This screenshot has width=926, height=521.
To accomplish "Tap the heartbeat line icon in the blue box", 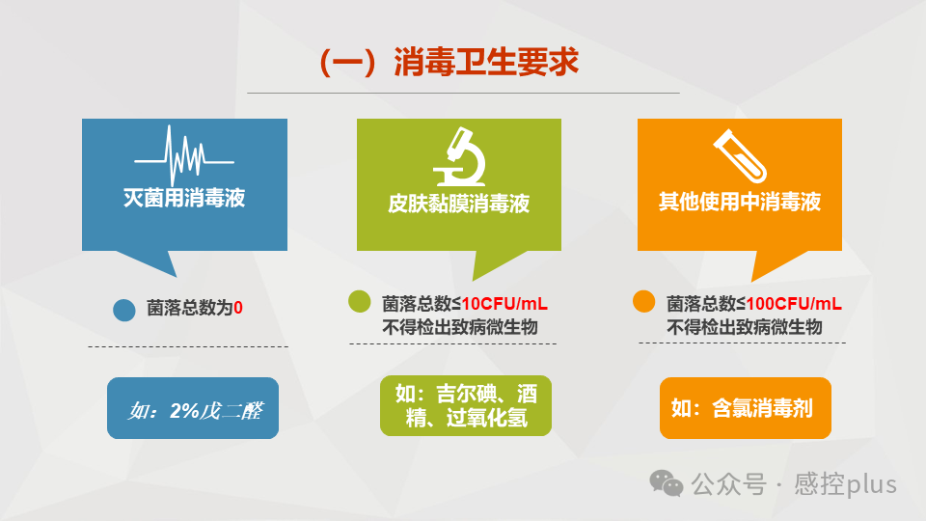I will (x=184, y=155).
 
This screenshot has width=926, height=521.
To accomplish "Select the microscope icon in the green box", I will (x=459, y=157).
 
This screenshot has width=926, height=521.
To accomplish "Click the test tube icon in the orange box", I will (x=738, y=155).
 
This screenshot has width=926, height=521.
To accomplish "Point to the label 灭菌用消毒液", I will (x=184, y=199).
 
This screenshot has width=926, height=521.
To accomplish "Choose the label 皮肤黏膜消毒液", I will (x=459, y=204).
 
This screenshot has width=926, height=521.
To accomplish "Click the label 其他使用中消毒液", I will (x=739, y=202).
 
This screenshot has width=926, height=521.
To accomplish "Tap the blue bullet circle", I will (x=123, y=310).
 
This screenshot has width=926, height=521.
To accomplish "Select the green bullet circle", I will (x=360, y=302).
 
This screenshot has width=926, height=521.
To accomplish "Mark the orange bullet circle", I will (x=643, y=302).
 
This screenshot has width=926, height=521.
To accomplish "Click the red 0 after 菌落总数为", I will (x=238, y=309).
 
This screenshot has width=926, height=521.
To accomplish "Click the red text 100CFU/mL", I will (x=794, y=304).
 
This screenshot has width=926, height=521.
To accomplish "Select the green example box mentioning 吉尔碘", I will (x=466, y=406).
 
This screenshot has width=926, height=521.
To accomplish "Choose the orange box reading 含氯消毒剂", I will (x=745, y=408).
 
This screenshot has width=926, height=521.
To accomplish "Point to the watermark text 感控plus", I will (x=846, y=484).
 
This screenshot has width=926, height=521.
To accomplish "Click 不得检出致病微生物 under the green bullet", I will (x=460, y=327).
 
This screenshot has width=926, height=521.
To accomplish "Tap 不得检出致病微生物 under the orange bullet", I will (x=744, y=327).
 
